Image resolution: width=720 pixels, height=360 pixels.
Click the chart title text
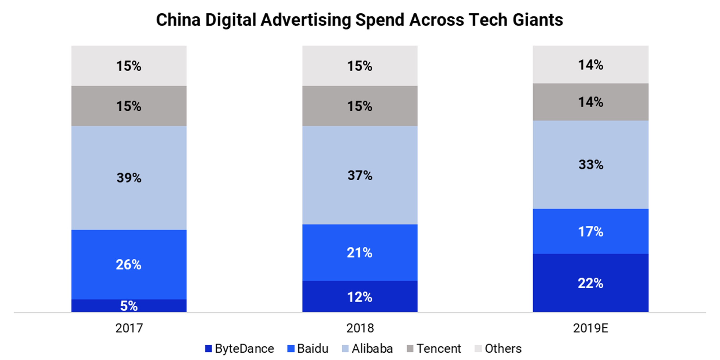click(x=359, y=20)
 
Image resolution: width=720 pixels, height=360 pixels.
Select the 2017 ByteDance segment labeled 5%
click(x=129, y=305)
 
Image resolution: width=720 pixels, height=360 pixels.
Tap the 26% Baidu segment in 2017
click(x=129, y=264)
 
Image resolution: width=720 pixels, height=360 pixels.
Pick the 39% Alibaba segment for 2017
click(x=129, y=178)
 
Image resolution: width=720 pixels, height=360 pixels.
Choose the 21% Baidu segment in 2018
click(x=360, y=253)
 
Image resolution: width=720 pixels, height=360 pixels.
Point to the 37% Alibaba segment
click(x=360, y=175)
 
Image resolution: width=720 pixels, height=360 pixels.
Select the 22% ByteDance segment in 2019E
click(x=590, y=283)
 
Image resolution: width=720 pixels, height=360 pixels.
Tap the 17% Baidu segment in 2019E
click(x=590, y=232)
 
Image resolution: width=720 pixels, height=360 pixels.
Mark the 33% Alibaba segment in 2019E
click(x=590, y=165)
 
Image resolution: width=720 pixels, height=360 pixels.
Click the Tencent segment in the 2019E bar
click(x=590, y=102)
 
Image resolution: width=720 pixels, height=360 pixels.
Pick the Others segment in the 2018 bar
click(x=360, y=66)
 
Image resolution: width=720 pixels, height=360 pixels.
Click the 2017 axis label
click(x=129, y=328)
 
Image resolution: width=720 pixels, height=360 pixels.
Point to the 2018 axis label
click(x=360, y=328)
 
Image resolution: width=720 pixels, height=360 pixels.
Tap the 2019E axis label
click(x=590, y=328)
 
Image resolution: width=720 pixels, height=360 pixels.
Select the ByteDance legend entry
click(x=240, y=348)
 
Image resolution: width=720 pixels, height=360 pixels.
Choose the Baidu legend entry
click(x=308, y=348)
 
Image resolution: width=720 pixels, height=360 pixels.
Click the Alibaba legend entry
click(x=368, y=348)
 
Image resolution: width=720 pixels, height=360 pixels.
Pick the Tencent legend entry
click(x=434, y=348)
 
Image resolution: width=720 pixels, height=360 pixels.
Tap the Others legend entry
click(x=498, y=348)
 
